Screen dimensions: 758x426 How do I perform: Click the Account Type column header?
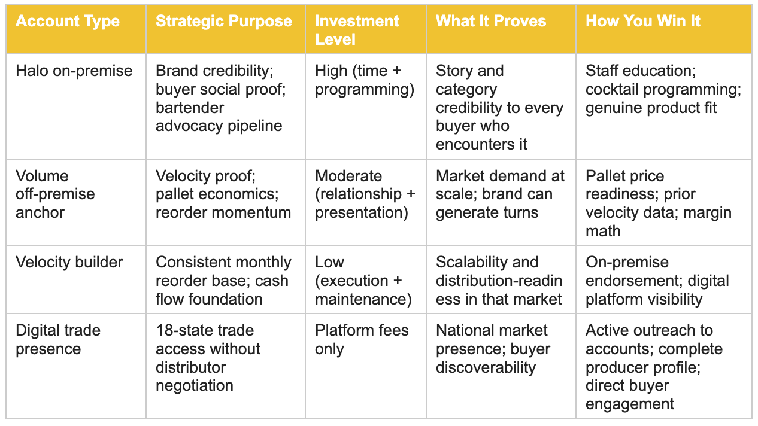coord(68,21)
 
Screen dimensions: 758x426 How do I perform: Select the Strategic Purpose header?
coord(224,21)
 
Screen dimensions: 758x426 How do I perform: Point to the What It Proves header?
coord(491,21)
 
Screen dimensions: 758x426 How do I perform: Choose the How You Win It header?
coord(643,21)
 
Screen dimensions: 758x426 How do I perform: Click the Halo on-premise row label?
coord(74,71)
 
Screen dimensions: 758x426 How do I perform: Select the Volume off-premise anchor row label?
coord(55,194)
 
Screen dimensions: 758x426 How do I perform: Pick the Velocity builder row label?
coord(69,263)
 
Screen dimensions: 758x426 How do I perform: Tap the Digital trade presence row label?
coord(58,339)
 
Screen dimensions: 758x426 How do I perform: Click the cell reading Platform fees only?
coord(362,339)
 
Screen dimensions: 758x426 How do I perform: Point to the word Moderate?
coord(348,176)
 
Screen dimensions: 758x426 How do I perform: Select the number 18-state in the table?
coord(188,330)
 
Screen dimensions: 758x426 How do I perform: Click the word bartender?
coord(190,108)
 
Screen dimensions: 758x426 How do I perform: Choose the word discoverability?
coord(486,367)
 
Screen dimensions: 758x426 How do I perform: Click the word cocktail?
coord(612,90)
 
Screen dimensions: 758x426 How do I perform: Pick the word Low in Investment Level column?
coord(329,263)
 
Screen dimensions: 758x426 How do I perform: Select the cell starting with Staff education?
coord(663,90)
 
